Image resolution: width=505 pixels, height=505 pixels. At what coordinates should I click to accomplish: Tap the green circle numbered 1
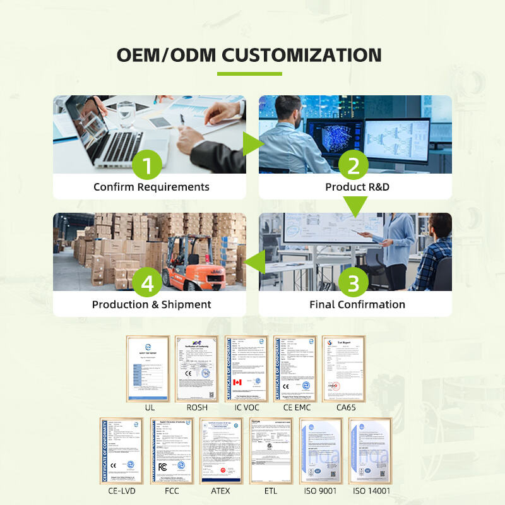[147, 165]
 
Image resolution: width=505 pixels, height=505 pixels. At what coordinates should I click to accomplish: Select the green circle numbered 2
[353, 165]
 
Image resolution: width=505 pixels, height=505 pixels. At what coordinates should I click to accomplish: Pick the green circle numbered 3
[353, 283]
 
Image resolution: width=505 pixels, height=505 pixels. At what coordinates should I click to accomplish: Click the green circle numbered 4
[147, 283]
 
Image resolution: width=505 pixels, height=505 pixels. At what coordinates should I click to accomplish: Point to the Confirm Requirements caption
[151, 187]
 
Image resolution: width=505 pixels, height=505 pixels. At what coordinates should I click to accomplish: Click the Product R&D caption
[355, 187]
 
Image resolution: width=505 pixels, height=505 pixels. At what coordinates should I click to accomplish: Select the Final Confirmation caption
[357, 304]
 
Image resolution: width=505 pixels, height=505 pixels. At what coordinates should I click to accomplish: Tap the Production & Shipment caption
[151, 304]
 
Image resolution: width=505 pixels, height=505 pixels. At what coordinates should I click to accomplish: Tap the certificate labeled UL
[149, 369]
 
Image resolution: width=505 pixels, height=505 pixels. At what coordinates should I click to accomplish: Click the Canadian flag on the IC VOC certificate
[237, 383]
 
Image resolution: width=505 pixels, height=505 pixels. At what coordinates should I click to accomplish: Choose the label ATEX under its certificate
[221, 490]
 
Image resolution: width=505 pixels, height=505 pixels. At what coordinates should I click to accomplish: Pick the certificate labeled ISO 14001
[371, 450]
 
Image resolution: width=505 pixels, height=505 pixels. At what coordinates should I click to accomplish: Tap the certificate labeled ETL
[270, 450]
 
